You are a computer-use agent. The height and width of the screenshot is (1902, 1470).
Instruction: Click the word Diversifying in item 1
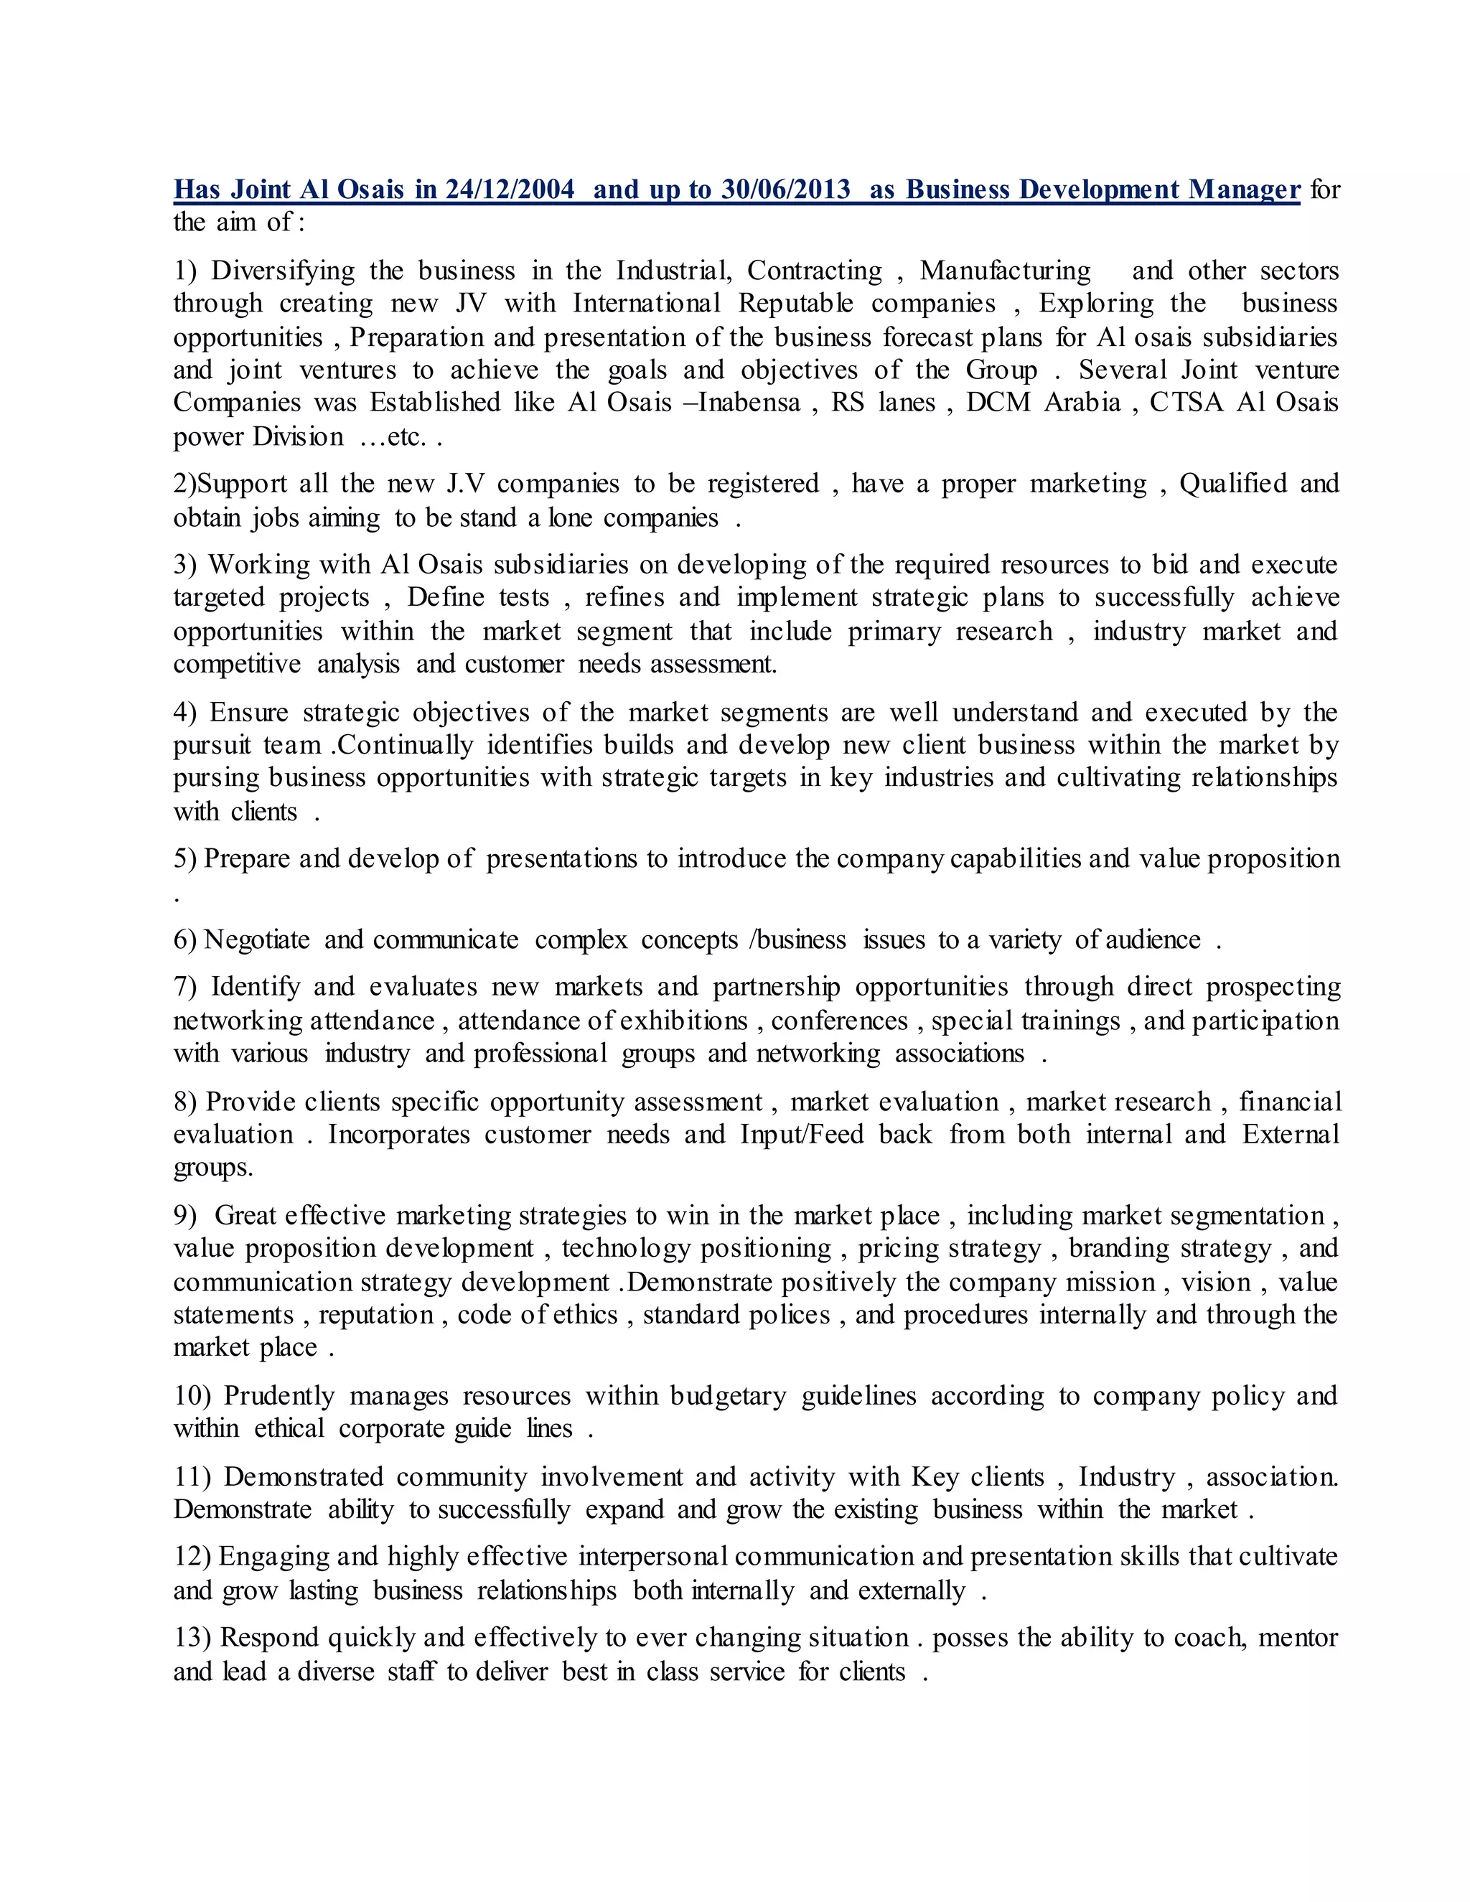point(282,271)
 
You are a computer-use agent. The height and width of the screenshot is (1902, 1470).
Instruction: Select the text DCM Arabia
point(1042,403)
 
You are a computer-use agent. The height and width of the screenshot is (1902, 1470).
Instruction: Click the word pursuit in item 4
point(212,746)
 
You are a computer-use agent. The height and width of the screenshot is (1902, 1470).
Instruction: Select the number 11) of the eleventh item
point(192,1477)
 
